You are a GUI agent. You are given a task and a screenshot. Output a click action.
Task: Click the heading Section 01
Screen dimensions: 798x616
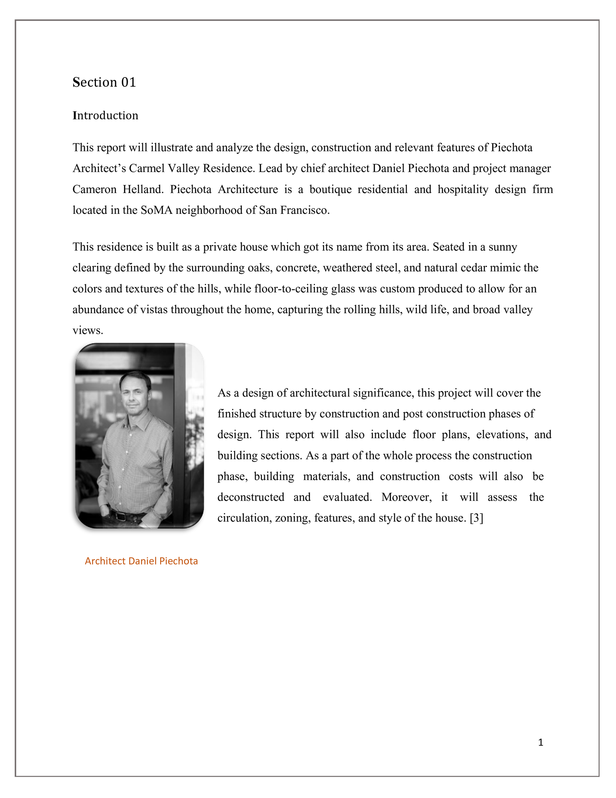coord(104,82)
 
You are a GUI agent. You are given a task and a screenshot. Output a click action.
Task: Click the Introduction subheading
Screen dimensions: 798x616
coord(105,116)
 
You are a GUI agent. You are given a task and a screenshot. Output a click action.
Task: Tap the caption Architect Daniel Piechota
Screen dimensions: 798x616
coord(141,561)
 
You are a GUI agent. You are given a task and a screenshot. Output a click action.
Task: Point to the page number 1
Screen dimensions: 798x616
coord(541,743)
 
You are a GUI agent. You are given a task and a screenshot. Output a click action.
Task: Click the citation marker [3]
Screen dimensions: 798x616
coord(476,518)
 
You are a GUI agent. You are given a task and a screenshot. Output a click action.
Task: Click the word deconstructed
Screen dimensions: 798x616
coord(251,497)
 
